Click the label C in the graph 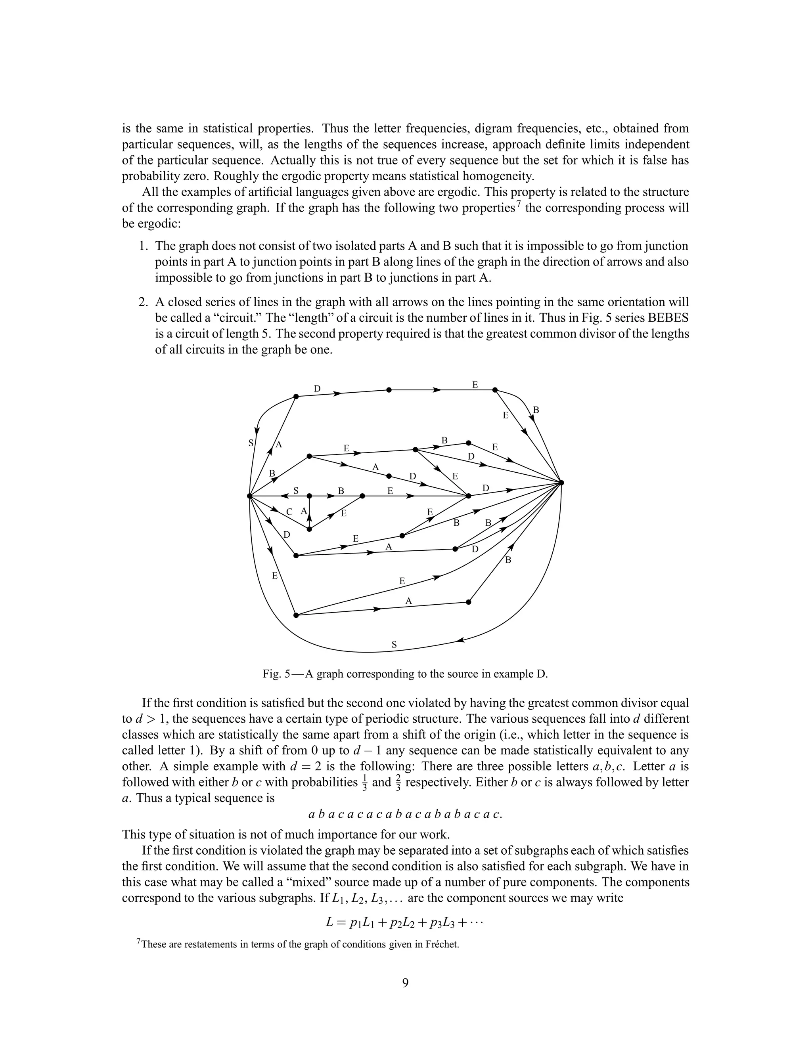click(x=289, y=512)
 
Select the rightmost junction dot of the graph click(x=561, y=482)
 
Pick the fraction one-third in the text click(x=364, y=783)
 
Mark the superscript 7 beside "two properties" click(x=519, y=205)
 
